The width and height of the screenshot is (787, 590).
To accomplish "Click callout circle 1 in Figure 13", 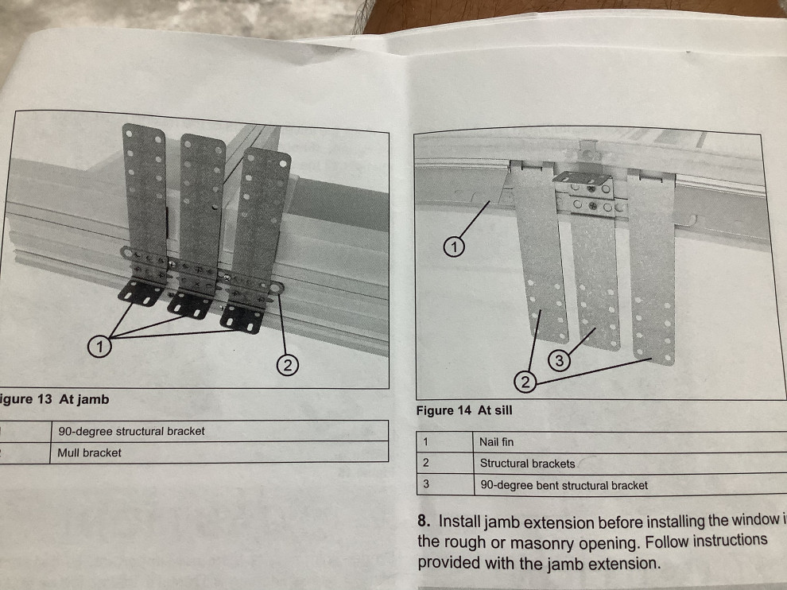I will tap(99, 347).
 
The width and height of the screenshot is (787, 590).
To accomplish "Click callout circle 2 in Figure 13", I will tap(287, 365).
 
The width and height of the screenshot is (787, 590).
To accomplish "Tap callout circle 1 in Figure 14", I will tap(453, 249).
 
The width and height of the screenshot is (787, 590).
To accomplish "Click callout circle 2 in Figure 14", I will tap(525, 383).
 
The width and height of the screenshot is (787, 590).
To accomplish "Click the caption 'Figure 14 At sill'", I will tap(464, 410).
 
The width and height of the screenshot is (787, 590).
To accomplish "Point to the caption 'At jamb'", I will tap(83, 399).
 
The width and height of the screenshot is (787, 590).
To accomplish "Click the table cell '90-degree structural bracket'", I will tap(131, 431).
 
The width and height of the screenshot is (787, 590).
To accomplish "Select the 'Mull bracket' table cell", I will tap(90, 452).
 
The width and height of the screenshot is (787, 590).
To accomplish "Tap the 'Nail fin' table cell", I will tap(497, 441).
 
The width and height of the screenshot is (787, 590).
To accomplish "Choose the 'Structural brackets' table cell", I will tap(527, 463).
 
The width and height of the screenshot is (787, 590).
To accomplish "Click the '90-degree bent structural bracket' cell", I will tap(564, 484).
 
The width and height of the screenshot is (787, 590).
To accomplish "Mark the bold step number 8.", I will tap(424, 522).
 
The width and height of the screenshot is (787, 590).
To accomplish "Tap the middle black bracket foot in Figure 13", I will tap(191, 304).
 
